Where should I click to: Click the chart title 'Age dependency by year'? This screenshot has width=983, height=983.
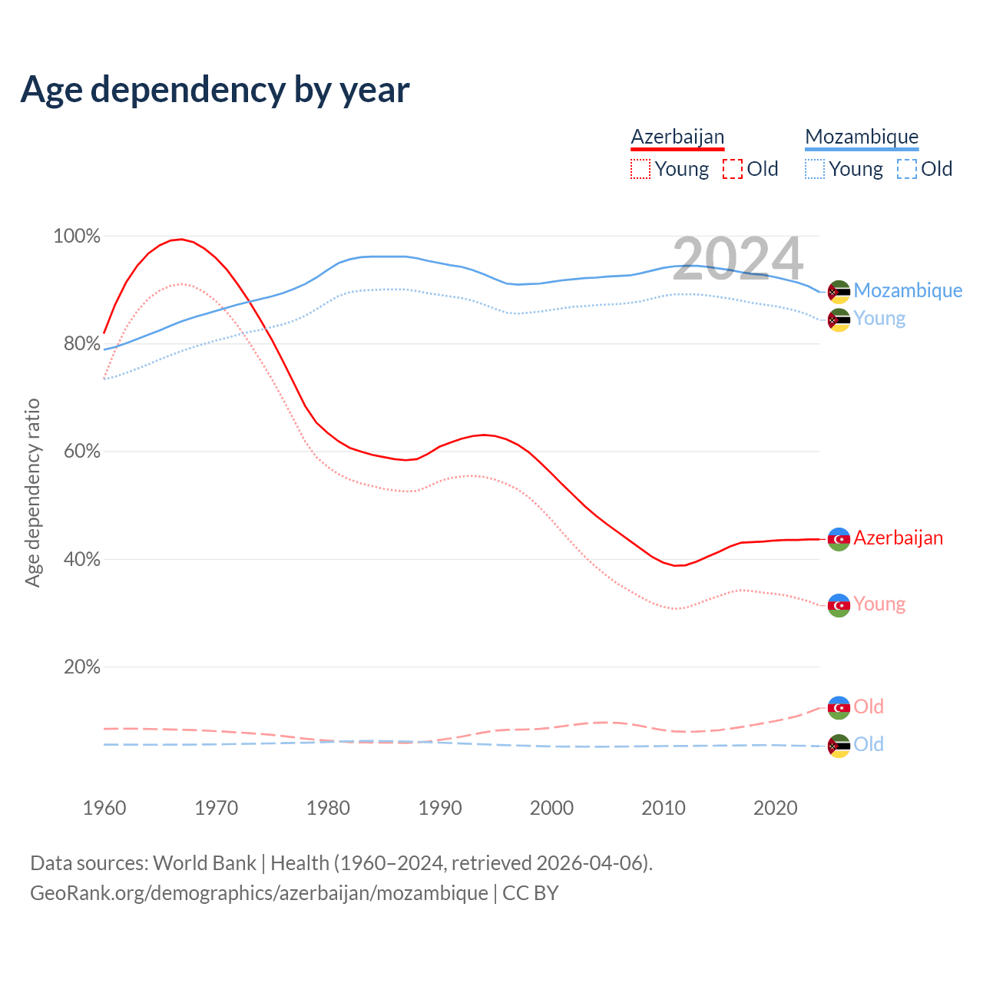coord(215,90)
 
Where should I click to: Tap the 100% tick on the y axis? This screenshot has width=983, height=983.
coord(77,237)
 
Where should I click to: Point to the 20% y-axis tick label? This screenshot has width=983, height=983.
coord(82,667)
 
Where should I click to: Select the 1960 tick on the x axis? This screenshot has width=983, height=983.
coord(104,808)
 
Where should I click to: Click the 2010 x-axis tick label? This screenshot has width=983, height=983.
coord(664,808)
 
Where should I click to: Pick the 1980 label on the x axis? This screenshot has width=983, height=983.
coord(328,808)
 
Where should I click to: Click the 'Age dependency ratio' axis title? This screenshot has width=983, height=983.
coord(32,492)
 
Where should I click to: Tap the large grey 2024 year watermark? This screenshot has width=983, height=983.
coord(737,259)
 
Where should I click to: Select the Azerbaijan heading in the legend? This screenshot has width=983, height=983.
coord(677,137)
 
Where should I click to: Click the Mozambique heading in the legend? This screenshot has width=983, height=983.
coord(862,137)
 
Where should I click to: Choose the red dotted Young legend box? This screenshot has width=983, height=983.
coord(640,169)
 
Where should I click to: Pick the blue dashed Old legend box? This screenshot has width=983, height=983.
coord(907,169)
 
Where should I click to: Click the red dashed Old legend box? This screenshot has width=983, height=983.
coord(733,169)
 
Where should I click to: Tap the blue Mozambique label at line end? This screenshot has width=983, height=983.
coord(908,290)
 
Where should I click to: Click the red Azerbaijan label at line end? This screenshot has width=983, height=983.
coord(898,538)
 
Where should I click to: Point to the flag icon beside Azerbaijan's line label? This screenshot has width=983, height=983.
coord(839,539)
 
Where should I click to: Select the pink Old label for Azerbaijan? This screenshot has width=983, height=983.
coord(869,707)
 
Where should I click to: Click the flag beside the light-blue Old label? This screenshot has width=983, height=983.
coord(839,746)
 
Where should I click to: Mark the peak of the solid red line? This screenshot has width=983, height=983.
coord(180,239)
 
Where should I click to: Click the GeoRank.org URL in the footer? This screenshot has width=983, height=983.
coord(259,893)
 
